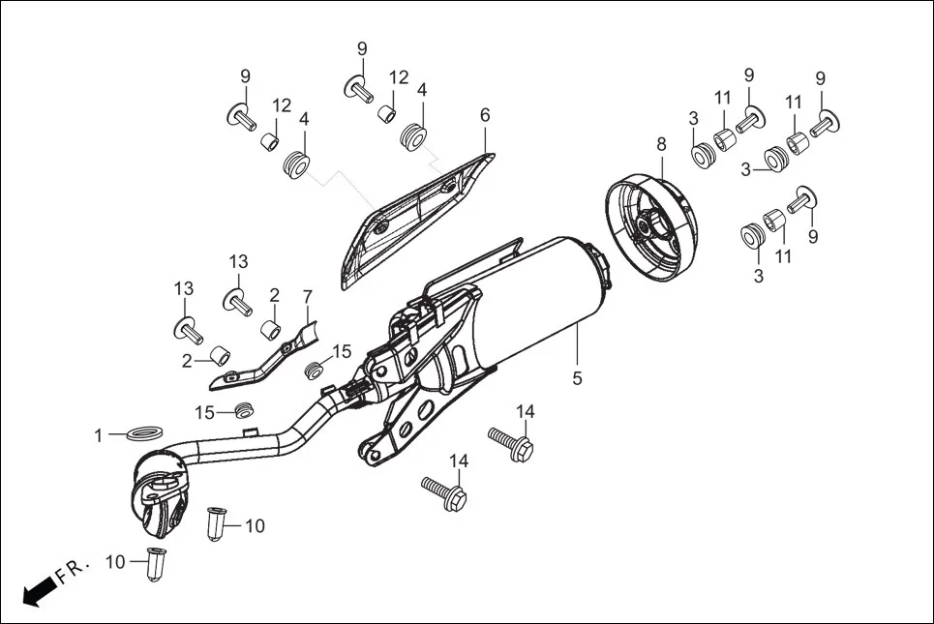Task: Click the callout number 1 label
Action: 98,436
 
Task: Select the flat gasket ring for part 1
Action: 144,431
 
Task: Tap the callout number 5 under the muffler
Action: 577,378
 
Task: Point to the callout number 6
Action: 485,115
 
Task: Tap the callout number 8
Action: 661,144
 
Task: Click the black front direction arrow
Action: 37,590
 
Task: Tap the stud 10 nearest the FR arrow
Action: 155,564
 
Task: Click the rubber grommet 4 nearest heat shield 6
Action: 413,136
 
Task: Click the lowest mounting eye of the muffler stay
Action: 369,450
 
